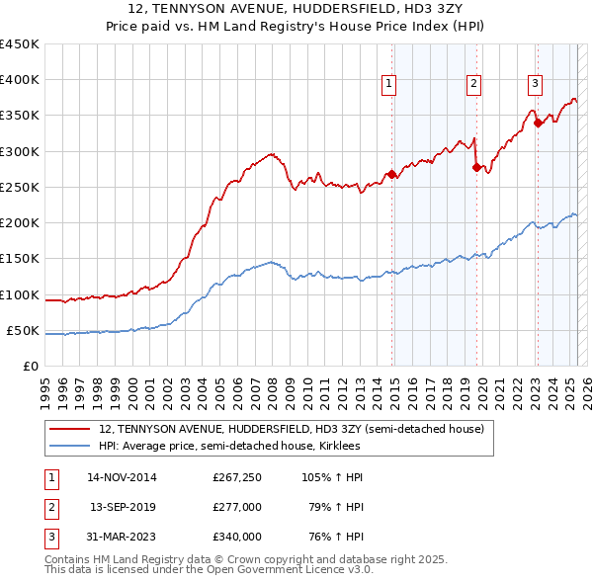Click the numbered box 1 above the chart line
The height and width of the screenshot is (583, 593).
coord(389,85)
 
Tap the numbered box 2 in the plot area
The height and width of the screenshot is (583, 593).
coord(474,85)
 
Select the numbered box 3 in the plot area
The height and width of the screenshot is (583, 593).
coord(535,85)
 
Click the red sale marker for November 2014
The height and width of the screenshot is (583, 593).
coord(392,175)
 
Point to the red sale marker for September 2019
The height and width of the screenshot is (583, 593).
coord(477,168)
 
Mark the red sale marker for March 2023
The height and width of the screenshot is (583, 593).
coord(538,123)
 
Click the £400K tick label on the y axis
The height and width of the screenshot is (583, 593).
coord(20,80)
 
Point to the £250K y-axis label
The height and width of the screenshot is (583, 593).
coord(20,187)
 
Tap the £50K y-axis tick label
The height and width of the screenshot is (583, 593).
coord(24,330)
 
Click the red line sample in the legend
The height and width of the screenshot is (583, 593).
coord(69,430)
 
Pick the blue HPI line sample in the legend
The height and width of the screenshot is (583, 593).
coord(69,447)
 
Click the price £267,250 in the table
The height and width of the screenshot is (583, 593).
coord(237,477)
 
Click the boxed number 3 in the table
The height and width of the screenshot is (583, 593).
coord(49,537)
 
